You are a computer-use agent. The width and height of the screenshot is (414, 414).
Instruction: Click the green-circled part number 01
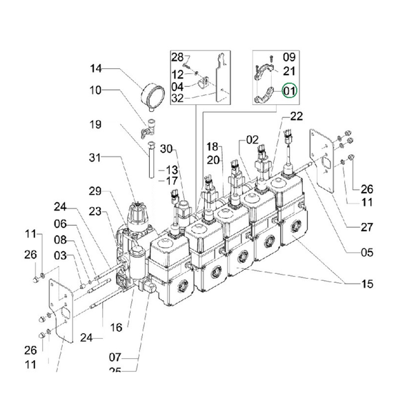(x=290, y=90)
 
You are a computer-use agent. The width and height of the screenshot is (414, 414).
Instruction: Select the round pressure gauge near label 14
(x=153, y=96)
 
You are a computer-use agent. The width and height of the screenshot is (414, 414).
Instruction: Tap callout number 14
(x=96, y=68)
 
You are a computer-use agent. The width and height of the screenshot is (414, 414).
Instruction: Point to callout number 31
(x=95, y=157)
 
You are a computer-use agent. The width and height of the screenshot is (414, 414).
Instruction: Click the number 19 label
(x=95, y=124)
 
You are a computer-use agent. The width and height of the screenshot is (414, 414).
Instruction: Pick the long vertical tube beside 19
(x=152, y=160)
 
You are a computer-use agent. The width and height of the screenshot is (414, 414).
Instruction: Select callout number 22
(x=297, y=116)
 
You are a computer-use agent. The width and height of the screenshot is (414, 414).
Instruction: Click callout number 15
(x=367, y=284)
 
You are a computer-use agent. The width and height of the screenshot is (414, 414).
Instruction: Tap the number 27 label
(x=367, y=227)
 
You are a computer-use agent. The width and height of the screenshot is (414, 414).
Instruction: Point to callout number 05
(x=367, y=253)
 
